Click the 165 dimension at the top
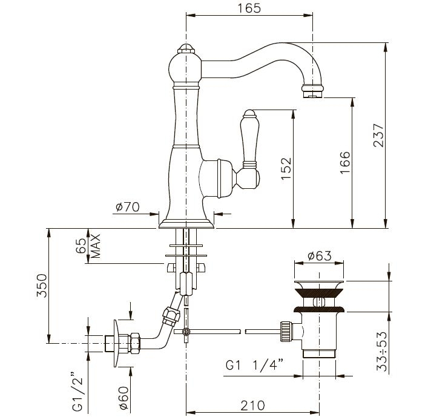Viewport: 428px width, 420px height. (249, 8)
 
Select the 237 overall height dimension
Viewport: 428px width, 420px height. (378, 136)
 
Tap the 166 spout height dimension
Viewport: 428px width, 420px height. (344, 162)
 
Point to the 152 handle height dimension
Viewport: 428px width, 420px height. (286, 168)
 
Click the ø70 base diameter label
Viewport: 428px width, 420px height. (128, 207)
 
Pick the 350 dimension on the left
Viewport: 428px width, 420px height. (42, 285)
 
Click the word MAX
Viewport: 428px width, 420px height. (96, 246)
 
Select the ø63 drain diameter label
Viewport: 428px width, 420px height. (320, 256)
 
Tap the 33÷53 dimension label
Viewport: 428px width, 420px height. (382, 352)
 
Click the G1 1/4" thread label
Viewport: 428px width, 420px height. (254, 365)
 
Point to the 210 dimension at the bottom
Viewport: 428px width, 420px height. (252, 405)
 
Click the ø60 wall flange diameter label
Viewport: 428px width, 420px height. (124, 398)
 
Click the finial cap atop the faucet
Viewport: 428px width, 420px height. (186, 48)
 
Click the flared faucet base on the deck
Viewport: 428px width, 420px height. (186, 223)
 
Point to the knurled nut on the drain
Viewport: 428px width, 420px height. (286, 331)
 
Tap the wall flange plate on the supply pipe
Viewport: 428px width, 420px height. (117, 343)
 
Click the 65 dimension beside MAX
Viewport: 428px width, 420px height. (81, 246)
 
